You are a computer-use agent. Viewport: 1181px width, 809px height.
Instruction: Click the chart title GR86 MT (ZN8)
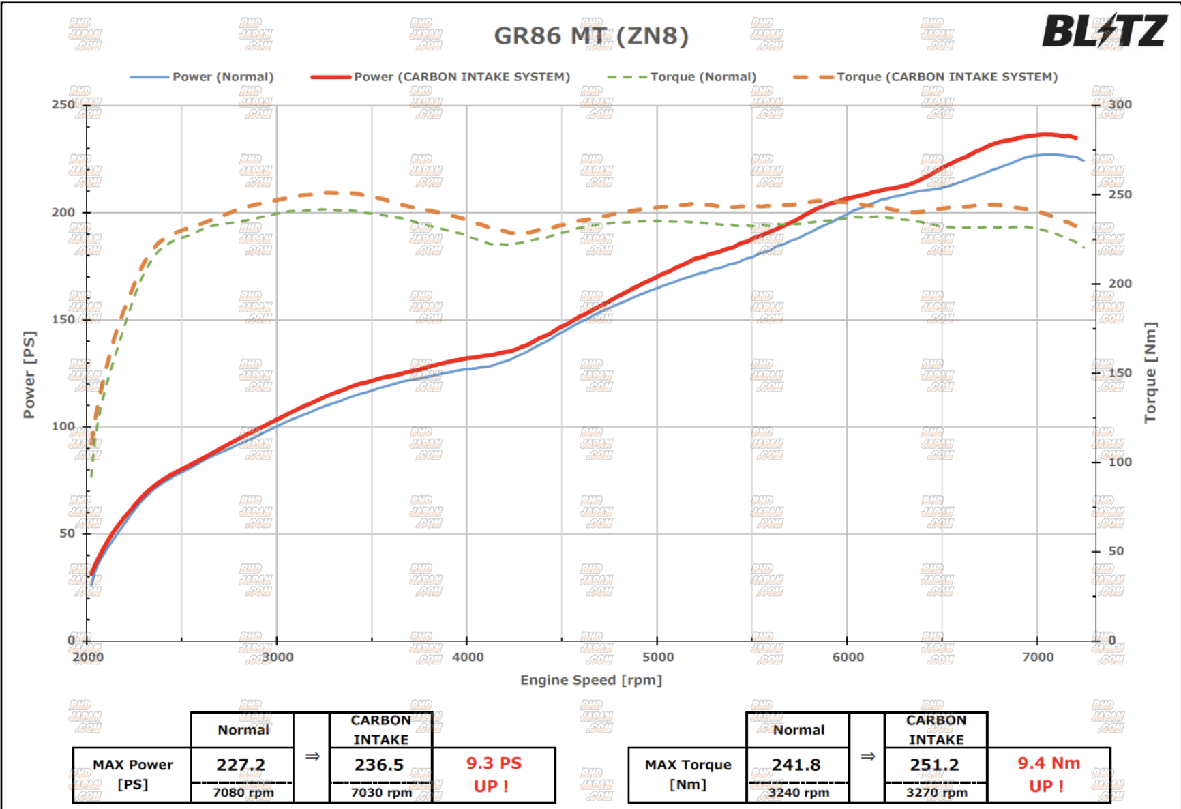590,35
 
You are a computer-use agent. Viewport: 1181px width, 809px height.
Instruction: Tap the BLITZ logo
1104,31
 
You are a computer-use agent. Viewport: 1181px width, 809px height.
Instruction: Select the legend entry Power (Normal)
222,77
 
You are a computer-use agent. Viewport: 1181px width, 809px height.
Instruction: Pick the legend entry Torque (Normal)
702,77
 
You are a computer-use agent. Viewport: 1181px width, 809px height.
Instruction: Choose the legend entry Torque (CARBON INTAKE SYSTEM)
946,77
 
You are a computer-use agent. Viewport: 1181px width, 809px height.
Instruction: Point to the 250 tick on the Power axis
63,104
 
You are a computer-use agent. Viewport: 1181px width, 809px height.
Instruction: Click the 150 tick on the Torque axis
1120,373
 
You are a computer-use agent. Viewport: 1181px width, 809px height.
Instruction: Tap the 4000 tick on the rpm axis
468,657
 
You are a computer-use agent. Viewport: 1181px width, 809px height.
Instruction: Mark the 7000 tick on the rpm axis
1038,657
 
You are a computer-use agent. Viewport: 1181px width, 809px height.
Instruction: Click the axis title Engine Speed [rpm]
590,680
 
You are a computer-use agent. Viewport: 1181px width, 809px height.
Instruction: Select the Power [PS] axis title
29,374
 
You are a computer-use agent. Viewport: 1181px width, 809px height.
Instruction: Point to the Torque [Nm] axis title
1150,372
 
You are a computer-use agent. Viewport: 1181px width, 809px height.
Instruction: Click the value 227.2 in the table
241,765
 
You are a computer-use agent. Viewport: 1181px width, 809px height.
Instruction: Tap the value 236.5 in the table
379,765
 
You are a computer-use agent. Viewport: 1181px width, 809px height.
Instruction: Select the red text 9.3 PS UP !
493,774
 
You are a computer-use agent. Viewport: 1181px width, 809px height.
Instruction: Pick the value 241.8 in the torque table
796,765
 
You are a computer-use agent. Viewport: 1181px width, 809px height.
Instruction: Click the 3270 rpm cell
936,793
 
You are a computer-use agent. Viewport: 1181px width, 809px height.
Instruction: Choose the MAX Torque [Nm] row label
687,774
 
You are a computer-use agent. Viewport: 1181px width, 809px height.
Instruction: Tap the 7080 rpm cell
243,793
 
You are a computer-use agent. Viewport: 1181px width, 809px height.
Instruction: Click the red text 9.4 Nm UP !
1048,774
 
